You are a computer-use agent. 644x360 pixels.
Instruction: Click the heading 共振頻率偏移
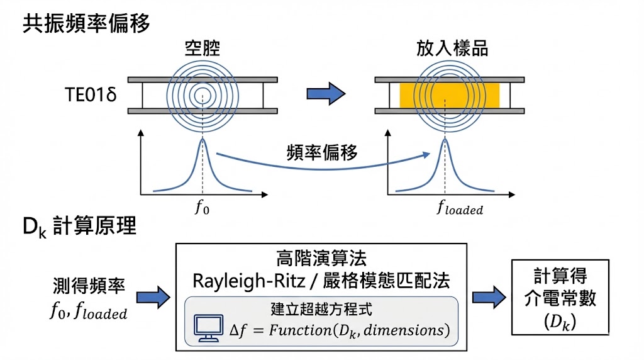pos(87,24)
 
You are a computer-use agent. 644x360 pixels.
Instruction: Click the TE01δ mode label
pos(91,96)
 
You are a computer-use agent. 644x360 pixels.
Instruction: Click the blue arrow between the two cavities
pos(326,95)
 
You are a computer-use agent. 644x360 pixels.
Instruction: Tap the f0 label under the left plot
pos(203,208)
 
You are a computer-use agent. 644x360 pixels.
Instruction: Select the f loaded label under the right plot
pos(460,208)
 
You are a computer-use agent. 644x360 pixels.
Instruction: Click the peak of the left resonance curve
pos(203,140)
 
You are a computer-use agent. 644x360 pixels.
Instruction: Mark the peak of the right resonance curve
pos(445,140)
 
